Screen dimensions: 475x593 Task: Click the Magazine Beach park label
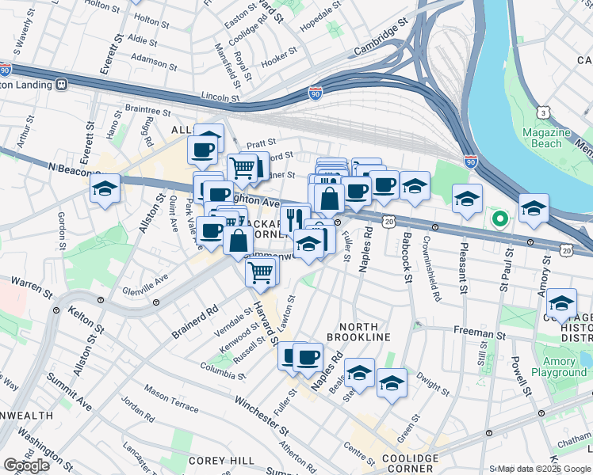click(x=552, y=137)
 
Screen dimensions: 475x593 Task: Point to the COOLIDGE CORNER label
click(x=410, y=464)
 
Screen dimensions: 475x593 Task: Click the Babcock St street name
click(x=405, y=257)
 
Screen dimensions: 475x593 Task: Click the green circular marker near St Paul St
click(x=499, y=218)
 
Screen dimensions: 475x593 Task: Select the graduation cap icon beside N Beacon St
click(x=105, y=188)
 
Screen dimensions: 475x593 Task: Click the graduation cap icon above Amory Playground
click(x=561, y=302)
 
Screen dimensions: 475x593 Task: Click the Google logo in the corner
click(x=26, y=465)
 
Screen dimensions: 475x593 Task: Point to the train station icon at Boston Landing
click(x=61, y=82)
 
